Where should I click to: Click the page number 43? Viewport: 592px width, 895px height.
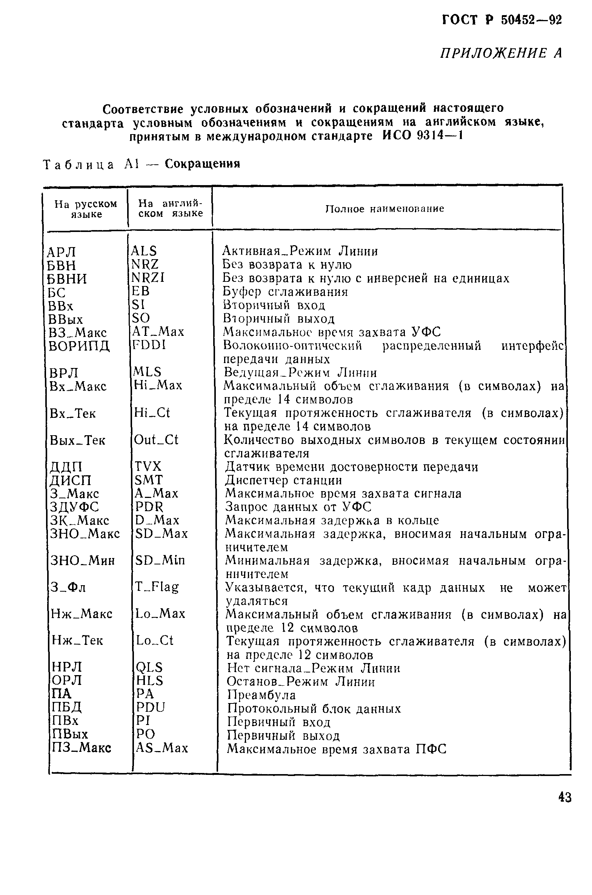(x=564, y=797)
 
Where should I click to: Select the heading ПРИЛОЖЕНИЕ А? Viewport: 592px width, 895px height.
(x=501, y=53)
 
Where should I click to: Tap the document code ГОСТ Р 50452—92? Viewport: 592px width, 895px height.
(x=502, y=20)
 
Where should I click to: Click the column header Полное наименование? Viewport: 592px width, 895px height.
(x=385, y=209)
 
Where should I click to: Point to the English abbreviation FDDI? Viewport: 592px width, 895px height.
(x=149, y=345)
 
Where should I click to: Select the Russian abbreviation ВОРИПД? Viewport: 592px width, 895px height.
(x=79, y=346)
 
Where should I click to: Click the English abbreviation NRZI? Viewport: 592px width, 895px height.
(x=148, y=278)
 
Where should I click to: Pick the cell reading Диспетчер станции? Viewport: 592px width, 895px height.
(x=283, y=481)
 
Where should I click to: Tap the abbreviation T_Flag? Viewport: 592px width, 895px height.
(x=157, y=587)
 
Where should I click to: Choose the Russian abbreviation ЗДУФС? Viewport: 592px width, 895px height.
(x=74, y=507)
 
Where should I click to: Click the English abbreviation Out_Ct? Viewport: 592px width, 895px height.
(x=156, y=439)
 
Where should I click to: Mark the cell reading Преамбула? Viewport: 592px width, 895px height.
(x=261, y=695)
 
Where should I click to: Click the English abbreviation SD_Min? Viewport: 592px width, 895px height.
(x=160, y=560)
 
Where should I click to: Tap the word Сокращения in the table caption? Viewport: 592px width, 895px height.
(x=202, y=164)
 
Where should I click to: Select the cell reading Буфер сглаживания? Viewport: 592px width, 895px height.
(x=285, y=292)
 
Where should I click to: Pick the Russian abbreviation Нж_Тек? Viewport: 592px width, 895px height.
(x=77, y=640)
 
